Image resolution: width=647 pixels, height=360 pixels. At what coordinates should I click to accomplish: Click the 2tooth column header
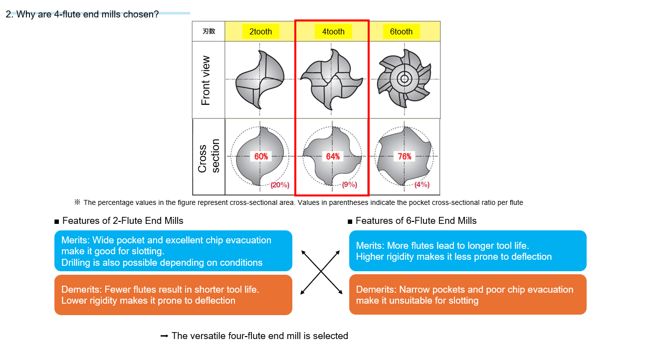(x=260, y=31)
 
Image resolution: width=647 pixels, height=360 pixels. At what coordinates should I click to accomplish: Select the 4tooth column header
(x=333, y=31)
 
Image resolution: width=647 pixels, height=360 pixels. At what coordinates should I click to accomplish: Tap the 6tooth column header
(x=401, y=31)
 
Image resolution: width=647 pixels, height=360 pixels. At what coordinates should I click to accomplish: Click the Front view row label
(x=206, y=80)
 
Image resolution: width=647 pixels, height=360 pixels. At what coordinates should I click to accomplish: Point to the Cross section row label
(x=209, y=156)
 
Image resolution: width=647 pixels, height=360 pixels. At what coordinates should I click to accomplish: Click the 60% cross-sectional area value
(x=261, y=156)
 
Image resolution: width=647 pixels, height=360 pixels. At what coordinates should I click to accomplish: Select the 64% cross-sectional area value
(x=333, y=156)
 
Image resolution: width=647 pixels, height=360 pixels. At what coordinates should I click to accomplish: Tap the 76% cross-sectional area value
(x=405, y=156)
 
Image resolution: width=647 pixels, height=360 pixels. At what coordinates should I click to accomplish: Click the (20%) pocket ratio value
(x=280, y=185)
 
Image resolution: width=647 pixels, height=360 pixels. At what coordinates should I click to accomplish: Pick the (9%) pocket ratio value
(x=349, y=185)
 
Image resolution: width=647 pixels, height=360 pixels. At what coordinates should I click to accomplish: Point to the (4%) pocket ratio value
(x=422, y=185)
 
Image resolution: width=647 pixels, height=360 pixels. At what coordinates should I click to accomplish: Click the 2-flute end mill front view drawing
(x=260, y=80)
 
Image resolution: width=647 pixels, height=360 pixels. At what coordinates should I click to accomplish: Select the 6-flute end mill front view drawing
(x=404, y=79)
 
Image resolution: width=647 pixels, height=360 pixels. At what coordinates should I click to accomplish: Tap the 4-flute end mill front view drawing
(x=332, y=80)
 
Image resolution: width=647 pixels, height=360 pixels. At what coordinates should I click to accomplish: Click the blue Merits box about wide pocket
(x=173, y=251)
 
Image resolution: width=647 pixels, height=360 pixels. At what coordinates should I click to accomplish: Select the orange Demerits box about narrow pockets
(x=467, y=295)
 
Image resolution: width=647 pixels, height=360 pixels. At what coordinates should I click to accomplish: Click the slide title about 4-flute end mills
(x=82, y=14)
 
